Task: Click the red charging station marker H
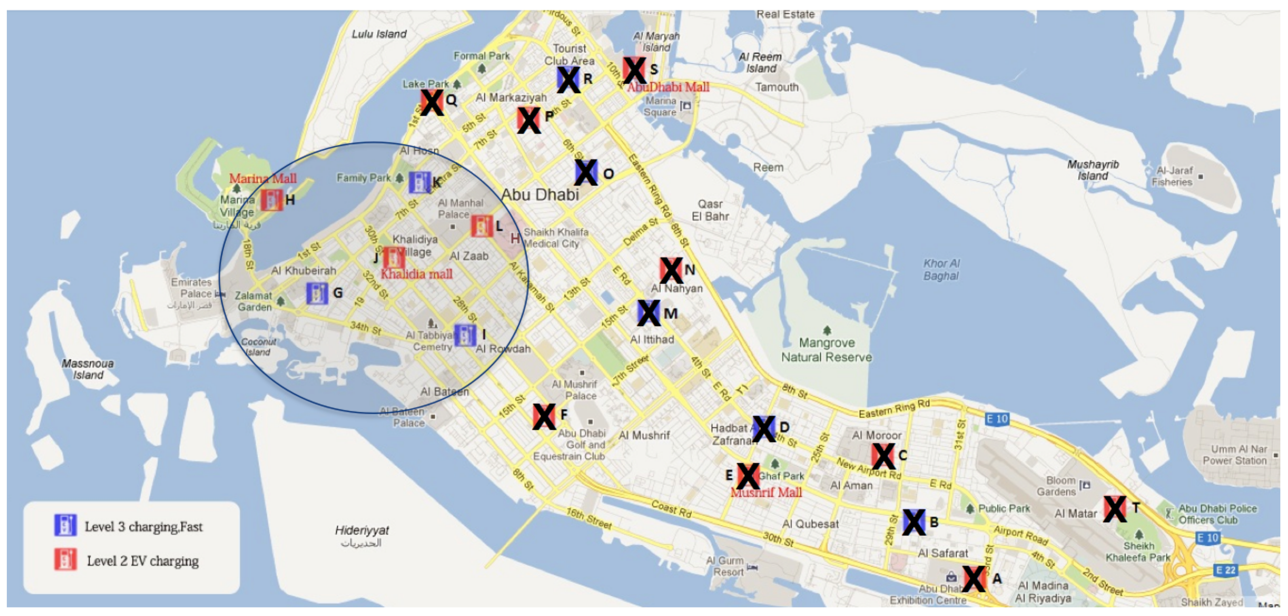pyautogui.click(x=272, y=200)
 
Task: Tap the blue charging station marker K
pyautogui.click(x=419, y=183)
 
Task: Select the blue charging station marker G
pyautogui.click(x=317, y=293)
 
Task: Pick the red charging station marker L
pyautogui.click(x=481, y=226)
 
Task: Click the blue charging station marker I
pyautogui.click(x=465, y=335)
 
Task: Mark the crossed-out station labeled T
pyautogui.click(x=1115, y=509)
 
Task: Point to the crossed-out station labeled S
pyautogui.click(x=634, y=70)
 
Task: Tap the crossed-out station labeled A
pyautogui.click(x=973, y=579)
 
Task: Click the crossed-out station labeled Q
pyautogui.click(x=431, y=103)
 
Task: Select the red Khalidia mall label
pyautogui.click(x=416, y=274)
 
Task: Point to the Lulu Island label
pyautogui.click(x=379, y=34)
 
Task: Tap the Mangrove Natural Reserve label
pyautogui.click(x=826, y=350)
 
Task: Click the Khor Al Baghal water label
pyautogui.click(x=941, y=270)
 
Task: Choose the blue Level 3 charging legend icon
pyautogui.click(x=65, y=525)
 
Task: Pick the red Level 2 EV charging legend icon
pyautogui.click(x=65, y=560)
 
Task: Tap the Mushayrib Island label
pyautogui.click(x=1093, y=170)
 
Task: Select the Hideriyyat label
pyautogui.click(x=361, y=530)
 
